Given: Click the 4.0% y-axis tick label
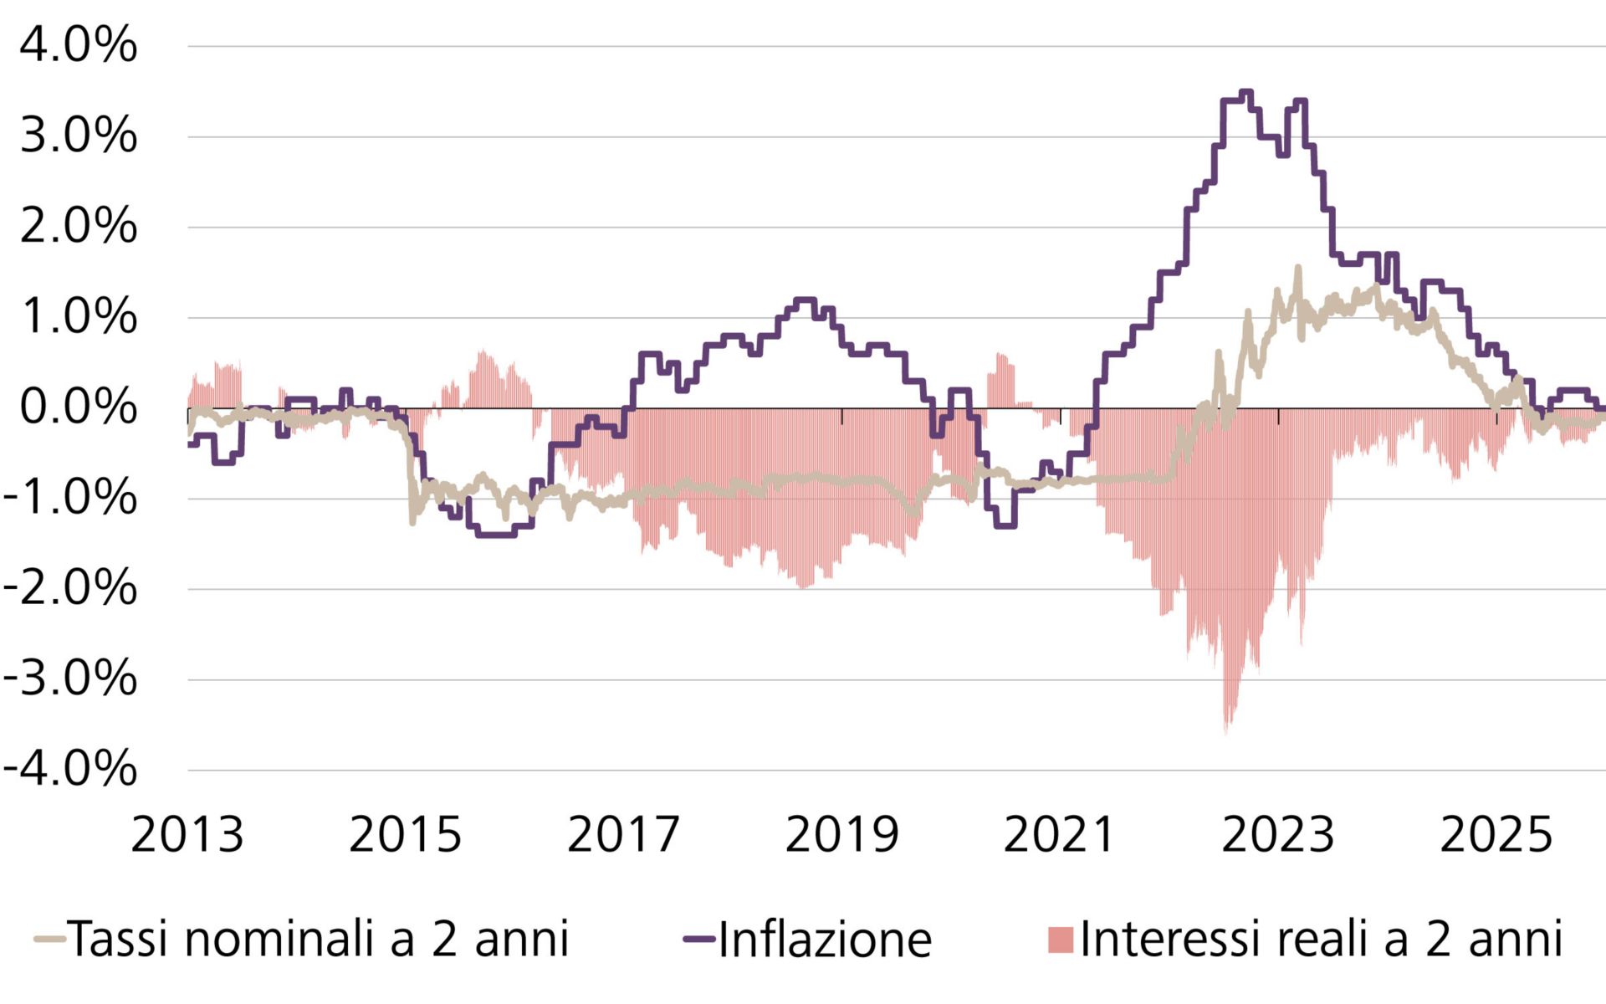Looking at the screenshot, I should tap(78, 45).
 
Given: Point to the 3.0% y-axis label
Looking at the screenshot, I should tap(78, 136).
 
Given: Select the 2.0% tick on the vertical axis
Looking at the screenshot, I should tap(78, 226).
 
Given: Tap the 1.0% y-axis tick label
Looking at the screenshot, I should tap(78, 316).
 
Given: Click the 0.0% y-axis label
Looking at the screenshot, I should tap(78, 407).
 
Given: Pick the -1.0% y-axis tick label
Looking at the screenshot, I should tap(70, 498).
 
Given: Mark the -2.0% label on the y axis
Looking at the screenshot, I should tap(70, 588).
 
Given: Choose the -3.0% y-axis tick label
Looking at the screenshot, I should tap(70, 679).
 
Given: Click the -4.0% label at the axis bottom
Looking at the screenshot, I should tap(70, 769).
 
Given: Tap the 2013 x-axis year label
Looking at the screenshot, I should tap(187, 835).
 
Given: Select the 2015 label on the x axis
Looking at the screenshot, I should tap(405, 835).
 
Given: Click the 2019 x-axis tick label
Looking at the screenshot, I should tap(841, 835).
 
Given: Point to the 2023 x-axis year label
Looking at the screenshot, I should tap(1278, 835).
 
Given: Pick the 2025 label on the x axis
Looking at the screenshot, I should tap(1496, 835).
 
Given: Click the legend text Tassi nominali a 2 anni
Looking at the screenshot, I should tap(318, 939).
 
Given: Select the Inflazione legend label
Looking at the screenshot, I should tap(824, 939).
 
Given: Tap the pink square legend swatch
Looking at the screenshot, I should tap(1060, 940).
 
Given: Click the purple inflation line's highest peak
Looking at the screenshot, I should tap(1246, 92).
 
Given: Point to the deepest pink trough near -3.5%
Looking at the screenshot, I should tap(1227, 730).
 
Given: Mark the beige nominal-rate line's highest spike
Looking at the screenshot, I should tap(1298, 268).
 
